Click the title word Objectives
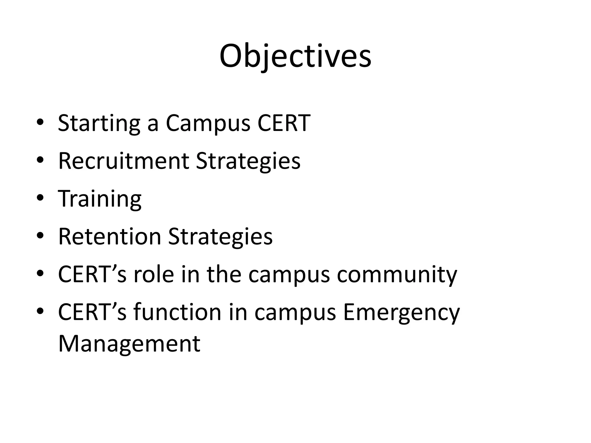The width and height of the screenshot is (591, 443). pos(295,56)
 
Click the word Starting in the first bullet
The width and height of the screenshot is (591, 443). pos(99,123)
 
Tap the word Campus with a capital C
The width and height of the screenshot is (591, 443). pos(208,123)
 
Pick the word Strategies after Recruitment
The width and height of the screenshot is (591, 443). pos(248,161)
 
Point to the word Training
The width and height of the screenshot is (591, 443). pos(100,199)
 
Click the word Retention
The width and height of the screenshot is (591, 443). pos(109,236)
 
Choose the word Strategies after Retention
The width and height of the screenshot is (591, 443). pos(220,237)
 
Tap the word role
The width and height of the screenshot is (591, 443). pos(154,274)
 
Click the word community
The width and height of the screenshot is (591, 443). pos(397,275)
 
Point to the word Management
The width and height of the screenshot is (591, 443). pos(129,344)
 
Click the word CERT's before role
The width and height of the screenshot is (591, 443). pos(92,274)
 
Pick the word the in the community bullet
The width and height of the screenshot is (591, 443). pos(224,274)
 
